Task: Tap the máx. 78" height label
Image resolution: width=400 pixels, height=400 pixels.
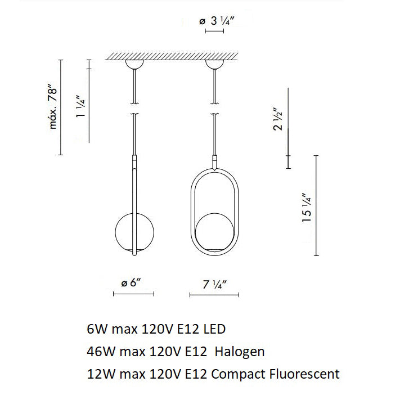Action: tap(54, 107)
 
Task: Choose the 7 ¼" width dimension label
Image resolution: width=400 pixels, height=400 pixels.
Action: tap(214, 284)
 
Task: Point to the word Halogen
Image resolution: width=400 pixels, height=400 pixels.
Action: tap(241, 352)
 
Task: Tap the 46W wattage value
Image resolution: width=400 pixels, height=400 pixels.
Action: tap(98, 352)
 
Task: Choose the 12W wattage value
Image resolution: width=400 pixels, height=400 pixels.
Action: tap(98, 374)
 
